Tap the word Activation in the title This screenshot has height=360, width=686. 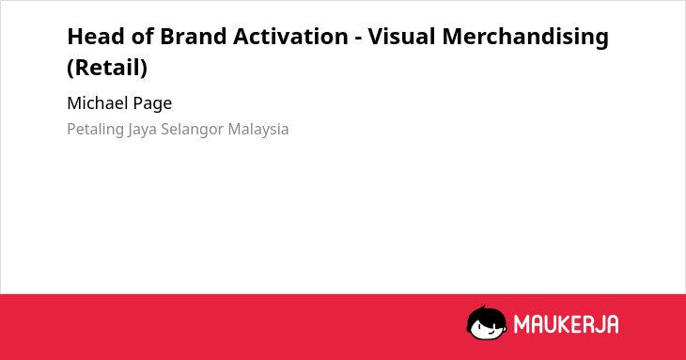[290, 37]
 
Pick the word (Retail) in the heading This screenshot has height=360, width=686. [107, 68]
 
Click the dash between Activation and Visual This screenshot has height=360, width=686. [358, 39]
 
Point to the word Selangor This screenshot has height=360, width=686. [193, 130]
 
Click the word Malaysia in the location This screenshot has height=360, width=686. [258, 130]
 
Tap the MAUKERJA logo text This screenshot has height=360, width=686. [566, 324]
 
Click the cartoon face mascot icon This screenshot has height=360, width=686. [487, 322]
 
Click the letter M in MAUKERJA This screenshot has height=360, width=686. [521, 324]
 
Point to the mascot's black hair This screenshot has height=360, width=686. [485, 314]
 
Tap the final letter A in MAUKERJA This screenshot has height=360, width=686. [613, 324]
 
